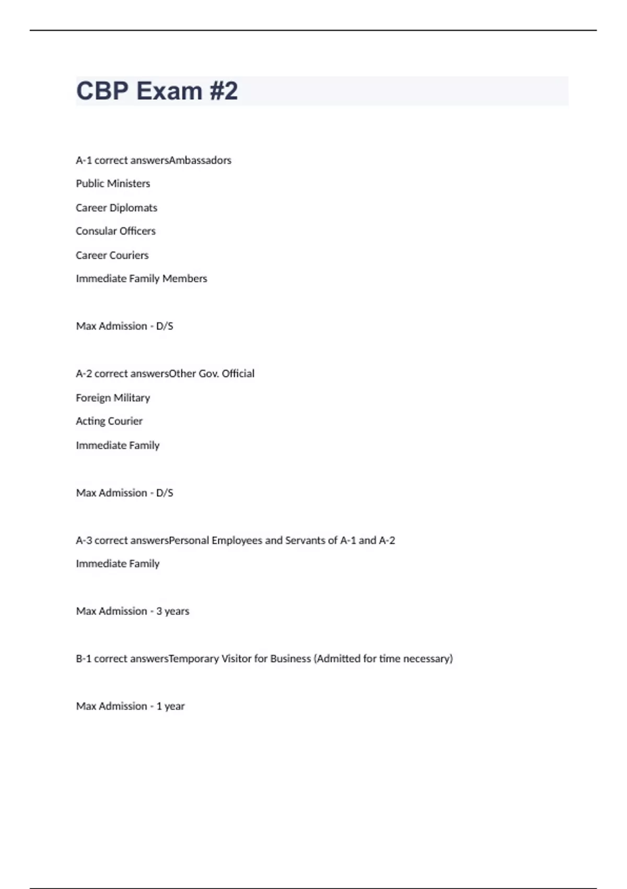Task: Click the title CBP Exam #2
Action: pyautogui.click(x=157, y=91)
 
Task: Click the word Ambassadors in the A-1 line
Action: pyautogui.click(x=200, y=160)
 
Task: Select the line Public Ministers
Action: pyautogui.click(x=113, y=184)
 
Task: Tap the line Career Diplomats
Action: pyautogui.click(x=117, y=208)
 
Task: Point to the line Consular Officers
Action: pyautogui.click(x=115, y=231)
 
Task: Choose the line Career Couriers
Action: pyautogui.click(x=112, y=255)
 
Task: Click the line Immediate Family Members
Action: pyautogui.click(x=142, y=279)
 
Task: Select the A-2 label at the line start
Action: pyautogui.click(x=84, y=373)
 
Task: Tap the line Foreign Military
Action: pyautogui.click(x=113, y=398)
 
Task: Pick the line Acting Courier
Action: pyautogui.click(x=109, y=421)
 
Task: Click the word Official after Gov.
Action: pyautogui.click(x=238, y=373)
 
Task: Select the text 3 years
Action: pyautogui.click(x=173, y=611)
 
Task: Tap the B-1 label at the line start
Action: pyautogui.click(x=84, y=658)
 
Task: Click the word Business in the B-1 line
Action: pyautogui.click(x=291, y=658)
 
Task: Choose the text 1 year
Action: pyautogui.click(x=171, y=706)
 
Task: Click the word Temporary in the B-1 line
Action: pyautogui.click(x=194, y=658)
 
